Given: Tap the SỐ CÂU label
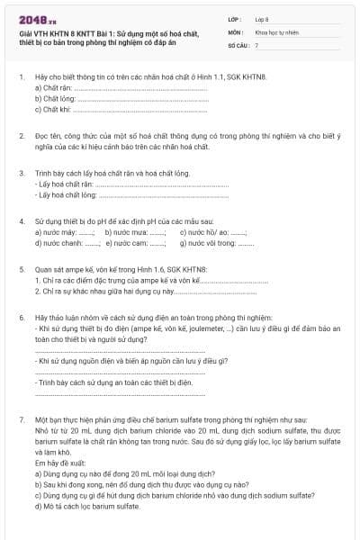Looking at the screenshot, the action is click(x=237, y=44).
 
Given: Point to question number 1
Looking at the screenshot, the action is click(x=21, y=78).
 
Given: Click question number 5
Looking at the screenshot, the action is click(x=21, y=269).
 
